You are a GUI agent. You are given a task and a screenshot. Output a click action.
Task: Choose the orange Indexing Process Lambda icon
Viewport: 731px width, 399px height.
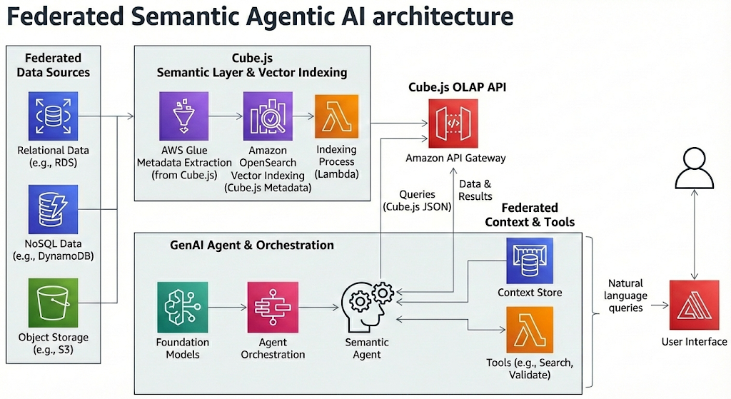coord(336,116)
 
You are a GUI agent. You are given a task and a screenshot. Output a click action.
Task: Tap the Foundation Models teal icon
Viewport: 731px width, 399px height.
coord(182,307)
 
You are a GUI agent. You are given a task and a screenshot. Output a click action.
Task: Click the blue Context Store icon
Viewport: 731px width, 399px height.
coord(530,261)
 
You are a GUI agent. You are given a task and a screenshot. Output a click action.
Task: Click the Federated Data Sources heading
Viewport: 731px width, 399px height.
coord(53,64)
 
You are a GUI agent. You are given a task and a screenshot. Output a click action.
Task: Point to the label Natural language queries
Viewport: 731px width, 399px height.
coord(625,296)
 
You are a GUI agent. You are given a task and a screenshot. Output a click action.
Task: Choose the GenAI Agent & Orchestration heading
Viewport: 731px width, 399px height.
coord(252,245)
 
